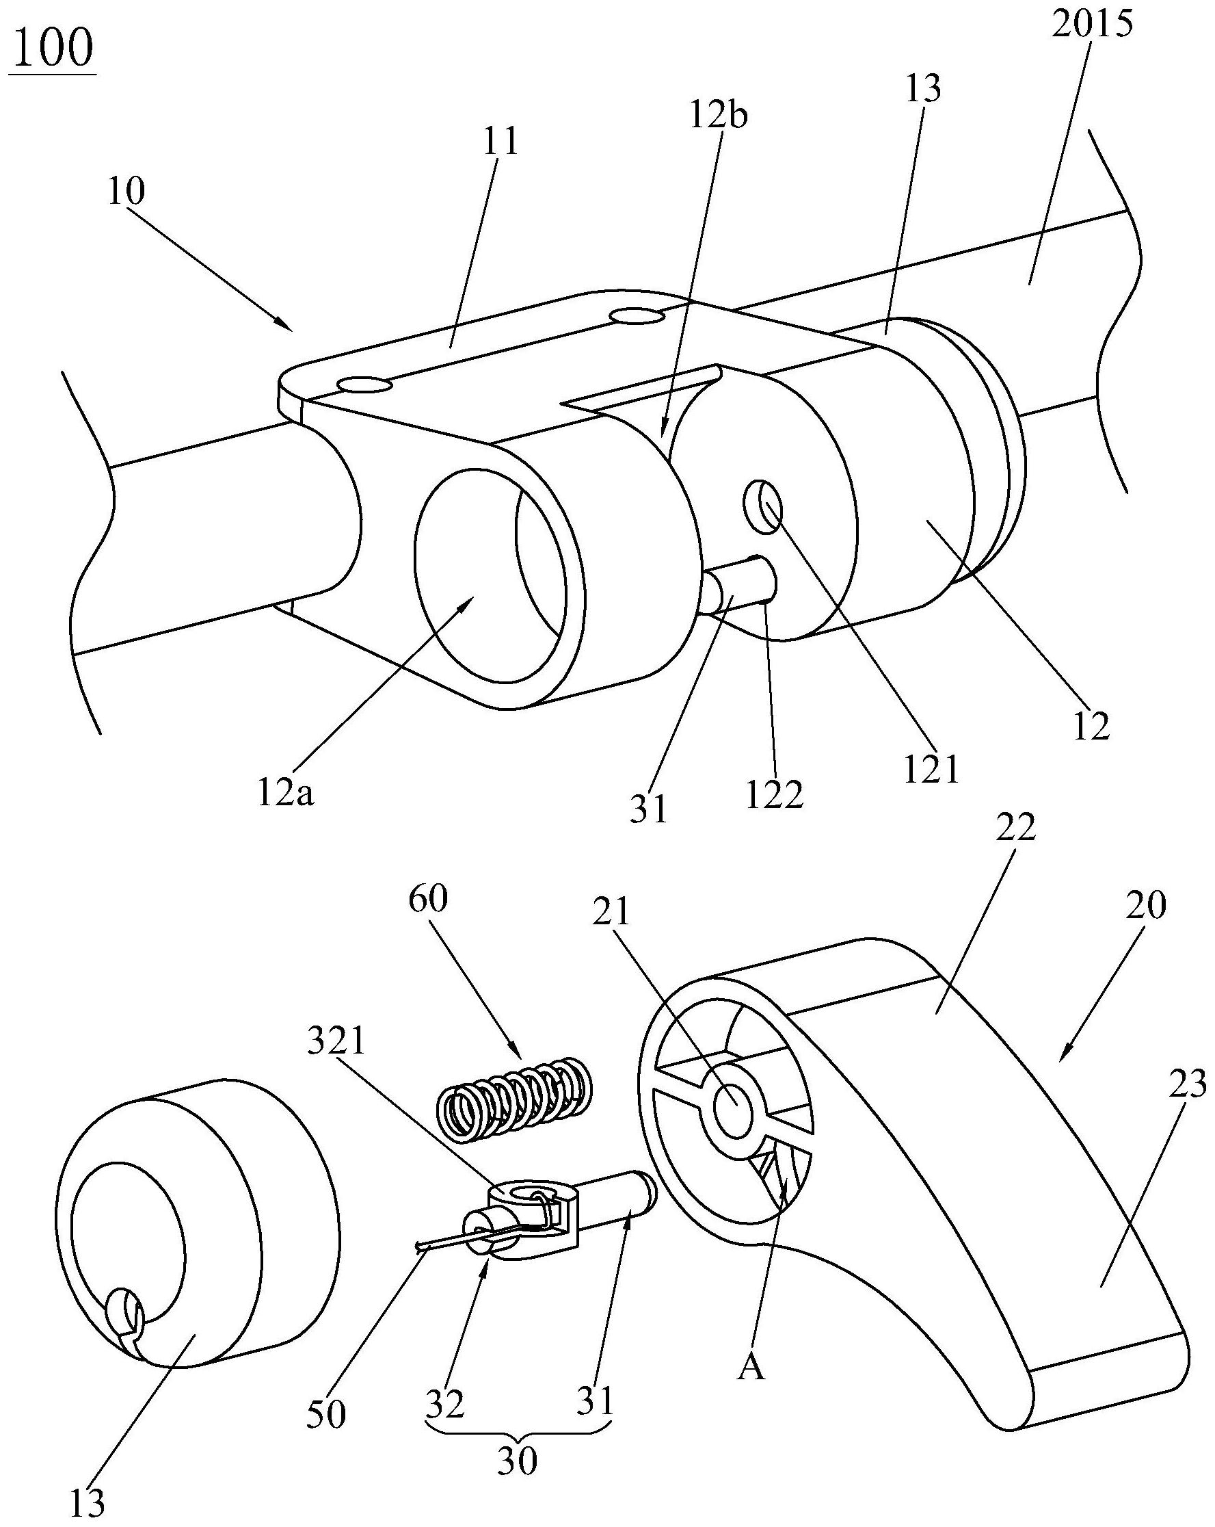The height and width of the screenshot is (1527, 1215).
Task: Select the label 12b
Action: [718, 116]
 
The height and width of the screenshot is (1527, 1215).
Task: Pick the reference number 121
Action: [931, 768]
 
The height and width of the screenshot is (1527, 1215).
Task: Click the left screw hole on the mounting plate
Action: [365, 384]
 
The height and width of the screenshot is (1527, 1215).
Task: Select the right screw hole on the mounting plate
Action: [635, 315]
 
